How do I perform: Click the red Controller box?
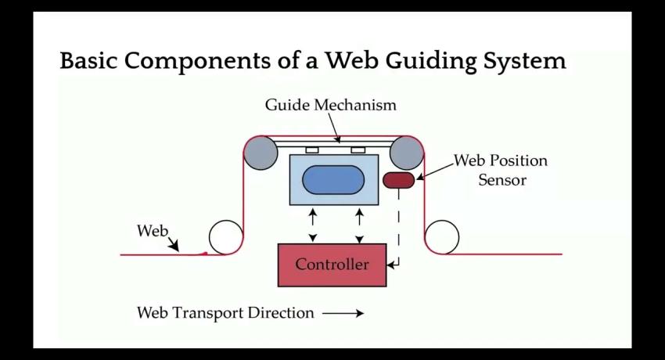point(332,265)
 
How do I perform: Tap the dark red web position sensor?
point(399,180)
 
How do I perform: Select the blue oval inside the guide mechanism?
point(333,180)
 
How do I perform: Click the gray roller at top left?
point(261,153)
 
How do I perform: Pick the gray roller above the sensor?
point(407,153)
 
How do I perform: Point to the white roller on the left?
point(226,237)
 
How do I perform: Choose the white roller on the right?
point(442,237)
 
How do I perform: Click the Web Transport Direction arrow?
point(343,313)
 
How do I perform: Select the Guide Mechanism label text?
point(331,105)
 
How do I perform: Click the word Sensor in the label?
point(502,180)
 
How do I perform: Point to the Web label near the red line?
point(153,231)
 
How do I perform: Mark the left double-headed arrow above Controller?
point(313,225)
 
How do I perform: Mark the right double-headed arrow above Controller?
point(359,225)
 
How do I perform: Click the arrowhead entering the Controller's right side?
point(390,265)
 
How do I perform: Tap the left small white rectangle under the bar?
point(312,150)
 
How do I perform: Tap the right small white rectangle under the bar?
point(358,150)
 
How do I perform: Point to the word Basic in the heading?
point(88,60)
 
